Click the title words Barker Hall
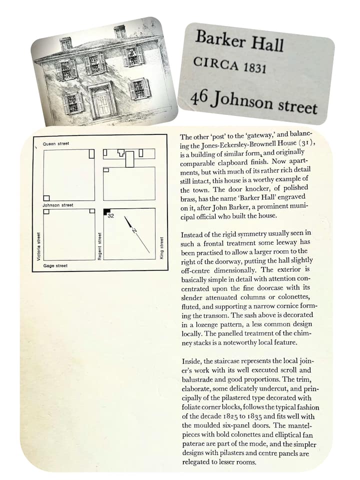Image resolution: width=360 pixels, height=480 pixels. [239, 40]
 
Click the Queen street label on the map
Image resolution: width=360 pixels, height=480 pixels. [56, 144]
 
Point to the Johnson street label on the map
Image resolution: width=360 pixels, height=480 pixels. [58, 205]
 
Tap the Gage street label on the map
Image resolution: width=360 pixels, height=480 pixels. [55, 265]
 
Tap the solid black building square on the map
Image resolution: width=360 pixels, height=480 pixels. [105, 211]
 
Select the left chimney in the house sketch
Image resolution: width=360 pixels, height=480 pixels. [65, 43]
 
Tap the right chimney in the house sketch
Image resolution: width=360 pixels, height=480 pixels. [120, 32]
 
